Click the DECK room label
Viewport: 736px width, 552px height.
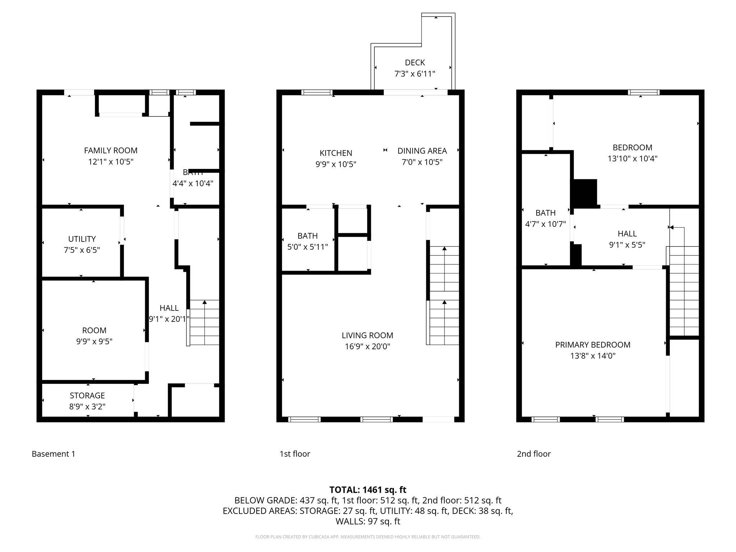[x=415, y=63]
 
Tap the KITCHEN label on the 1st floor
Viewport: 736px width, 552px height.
[x=336, y=153]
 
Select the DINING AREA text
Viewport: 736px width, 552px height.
[x=422, y=151]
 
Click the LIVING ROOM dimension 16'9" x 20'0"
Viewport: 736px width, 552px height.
[x=367, y=346]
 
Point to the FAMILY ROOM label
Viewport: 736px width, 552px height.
[x=111, y=151]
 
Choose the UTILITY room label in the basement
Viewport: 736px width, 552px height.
[x=82, y=239]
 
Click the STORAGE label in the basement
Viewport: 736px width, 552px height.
[x=87, y=395]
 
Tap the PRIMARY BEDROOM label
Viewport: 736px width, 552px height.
[x=593, y=345]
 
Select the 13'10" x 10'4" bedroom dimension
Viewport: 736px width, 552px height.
[x=632, y=158]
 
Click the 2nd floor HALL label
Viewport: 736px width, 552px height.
[x=627, y=234]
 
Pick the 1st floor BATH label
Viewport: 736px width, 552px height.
[x=307, y=236]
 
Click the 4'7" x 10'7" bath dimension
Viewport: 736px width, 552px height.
[x=545, y=224]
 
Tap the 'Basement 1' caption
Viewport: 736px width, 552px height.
[x=54, y=454]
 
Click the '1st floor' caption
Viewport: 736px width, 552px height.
[x=295, y=454]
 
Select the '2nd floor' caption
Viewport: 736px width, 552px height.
[x=534, y=454]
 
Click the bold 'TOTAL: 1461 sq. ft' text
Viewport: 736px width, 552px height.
[x=368, y=489]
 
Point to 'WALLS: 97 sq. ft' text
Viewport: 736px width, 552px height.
[x=368, y=521]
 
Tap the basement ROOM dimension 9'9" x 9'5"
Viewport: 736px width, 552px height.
[x=94, y=341]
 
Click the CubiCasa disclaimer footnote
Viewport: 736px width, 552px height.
[x=368, y=537]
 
